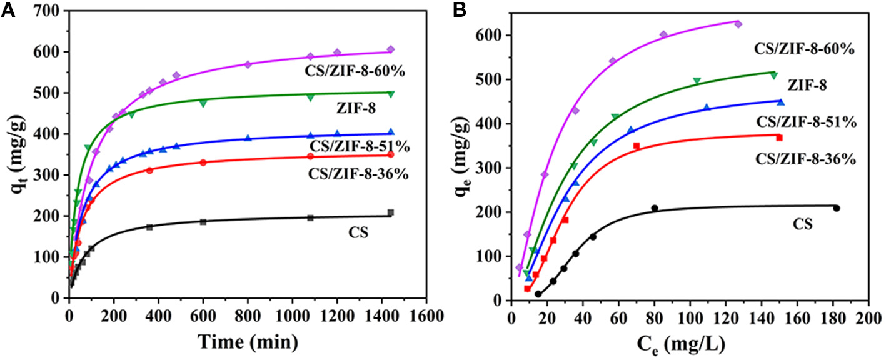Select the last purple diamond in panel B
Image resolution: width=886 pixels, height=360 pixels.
coord(738,24)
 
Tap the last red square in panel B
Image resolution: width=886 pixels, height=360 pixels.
coord(779,137)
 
